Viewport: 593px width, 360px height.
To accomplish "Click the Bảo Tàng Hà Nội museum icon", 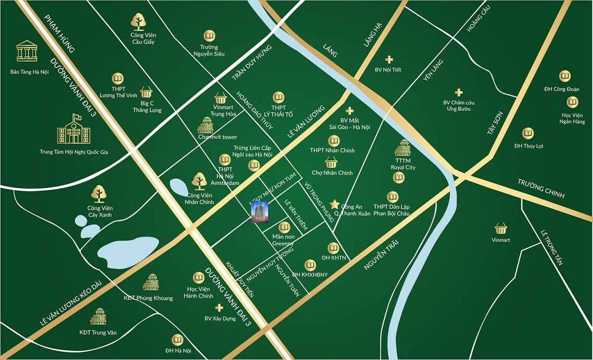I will (x=27, y=51).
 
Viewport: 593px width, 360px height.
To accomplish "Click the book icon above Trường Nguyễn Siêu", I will (x=209, y=36).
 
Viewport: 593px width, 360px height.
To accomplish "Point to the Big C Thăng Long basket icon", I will (x=146, y=92).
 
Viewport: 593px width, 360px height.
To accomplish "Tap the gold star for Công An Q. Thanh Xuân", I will (x=335, y=204).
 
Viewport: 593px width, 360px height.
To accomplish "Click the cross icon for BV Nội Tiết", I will (x=389, y=60).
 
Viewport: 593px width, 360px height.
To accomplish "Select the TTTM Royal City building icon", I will (x=402, y=148).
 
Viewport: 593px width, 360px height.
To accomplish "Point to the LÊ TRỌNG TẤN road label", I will (x=551, y=248).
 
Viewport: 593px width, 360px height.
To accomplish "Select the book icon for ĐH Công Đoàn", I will (x=565, y=76).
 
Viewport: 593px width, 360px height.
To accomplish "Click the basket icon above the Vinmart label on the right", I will (x=501, y=228).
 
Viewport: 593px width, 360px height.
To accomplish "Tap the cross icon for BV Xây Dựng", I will (x=219, y=308).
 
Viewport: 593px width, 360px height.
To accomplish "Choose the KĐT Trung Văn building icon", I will (x=98, y=316).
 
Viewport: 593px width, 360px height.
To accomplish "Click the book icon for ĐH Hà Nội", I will (x=178, y=340).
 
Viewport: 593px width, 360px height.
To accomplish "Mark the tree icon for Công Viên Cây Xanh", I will (x=99, y=194).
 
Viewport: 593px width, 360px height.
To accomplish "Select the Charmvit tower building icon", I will (x=206, y=125).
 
